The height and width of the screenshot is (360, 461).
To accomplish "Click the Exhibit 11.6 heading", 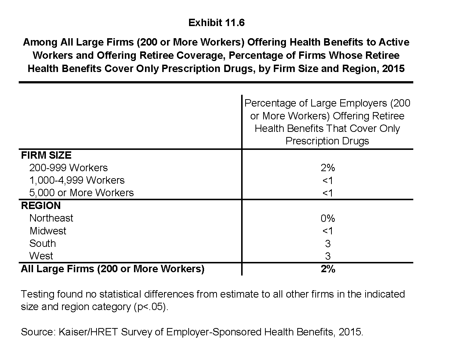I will (216, 23).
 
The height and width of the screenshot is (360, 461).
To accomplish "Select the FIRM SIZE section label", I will (46, 155).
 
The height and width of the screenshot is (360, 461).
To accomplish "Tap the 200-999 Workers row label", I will (68, 168).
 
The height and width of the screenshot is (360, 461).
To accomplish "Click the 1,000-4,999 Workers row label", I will (77, 180).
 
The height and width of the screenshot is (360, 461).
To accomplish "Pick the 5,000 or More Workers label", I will (81, 193).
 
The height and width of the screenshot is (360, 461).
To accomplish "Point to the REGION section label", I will (41, 206).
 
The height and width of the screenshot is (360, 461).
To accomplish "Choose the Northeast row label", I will (51, 218).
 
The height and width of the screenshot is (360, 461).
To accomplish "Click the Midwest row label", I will (48, 231).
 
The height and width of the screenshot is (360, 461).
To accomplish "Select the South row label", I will (43, 244).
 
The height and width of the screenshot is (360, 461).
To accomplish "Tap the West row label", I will (41, 256).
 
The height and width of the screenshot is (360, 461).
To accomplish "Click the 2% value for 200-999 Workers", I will (327, 168).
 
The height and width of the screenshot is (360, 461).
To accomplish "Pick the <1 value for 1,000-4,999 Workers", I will (327, 181).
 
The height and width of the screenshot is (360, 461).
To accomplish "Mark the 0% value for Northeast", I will (327, 219).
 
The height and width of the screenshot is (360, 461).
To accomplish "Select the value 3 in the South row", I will (327, 244).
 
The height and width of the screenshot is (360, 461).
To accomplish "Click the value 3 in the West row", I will (327, 256).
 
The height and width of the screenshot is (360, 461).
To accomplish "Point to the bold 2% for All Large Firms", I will (327, 269).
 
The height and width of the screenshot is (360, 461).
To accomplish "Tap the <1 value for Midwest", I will (327, 231).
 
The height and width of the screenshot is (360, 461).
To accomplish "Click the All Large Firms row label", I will (112, 269).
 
